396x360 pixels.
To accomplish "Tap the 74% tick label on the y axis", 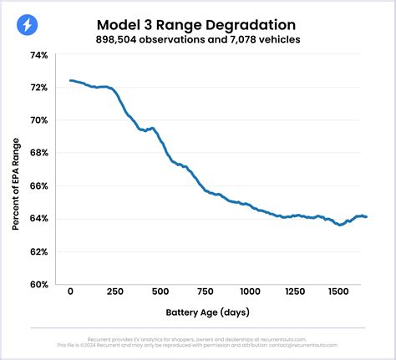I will pos(39,54).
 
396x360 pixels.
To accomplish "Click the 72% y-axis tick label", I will pos(39,87).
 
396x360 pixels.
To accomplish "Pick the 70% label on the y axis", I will pos(39,120).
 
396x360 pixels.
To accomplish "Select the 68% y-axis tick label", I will pos(39,153).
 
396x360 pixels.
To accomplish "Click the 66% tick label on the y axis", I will pos(39,185).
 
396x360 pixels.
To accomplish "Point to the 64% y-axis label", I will pos(39,219).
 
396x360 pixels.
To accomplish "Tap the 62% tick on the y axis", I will pos(39,251).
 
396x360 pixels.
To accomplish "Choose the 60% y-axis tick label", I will pos(39,284).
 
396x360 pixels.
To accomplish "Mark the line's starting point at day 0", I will pos(71,81).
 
